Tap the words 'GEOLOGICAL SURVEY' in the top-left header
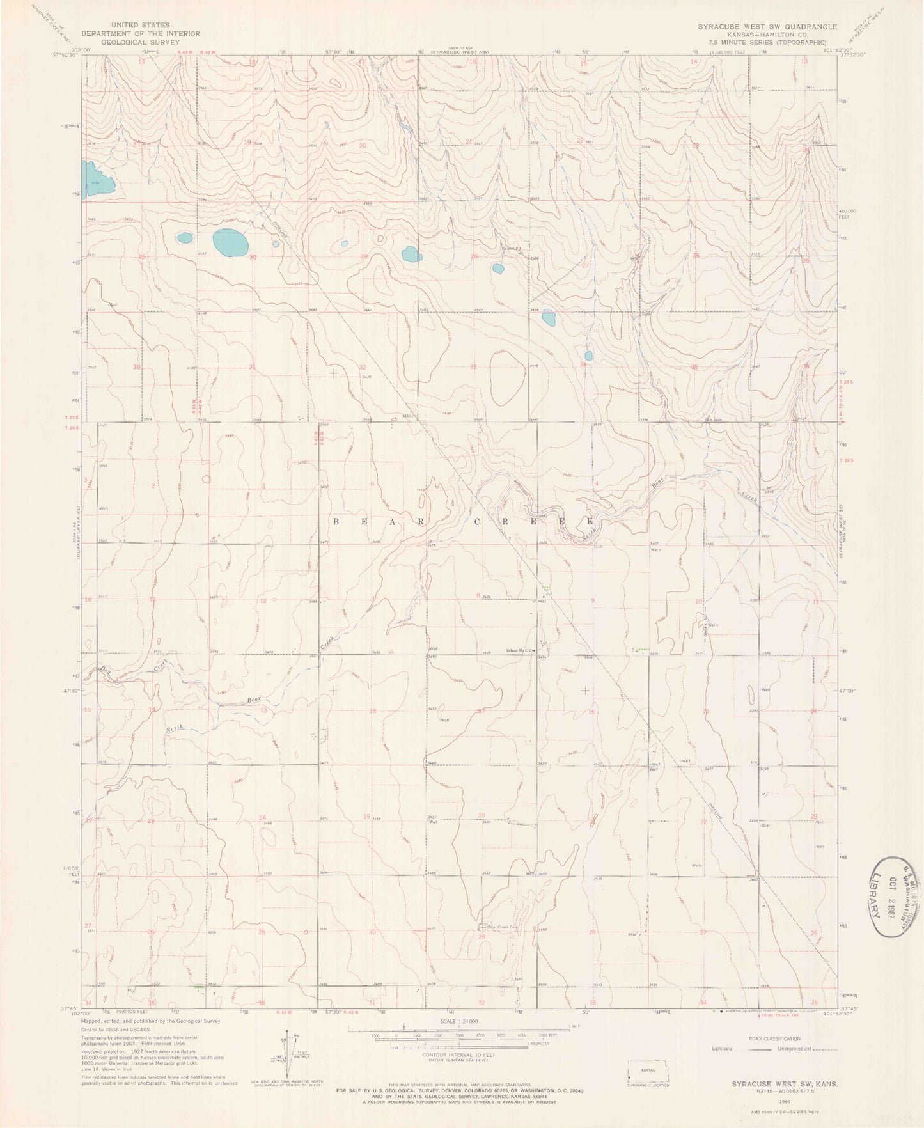(x=140, y=42)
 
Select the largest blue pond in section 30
(x=230, y=242)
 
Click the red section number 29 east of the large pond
(x=364, y=256)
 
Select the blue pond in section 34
(x=588, y=356)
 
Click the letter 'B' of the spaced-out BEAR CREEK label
(x=336, y=522)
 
